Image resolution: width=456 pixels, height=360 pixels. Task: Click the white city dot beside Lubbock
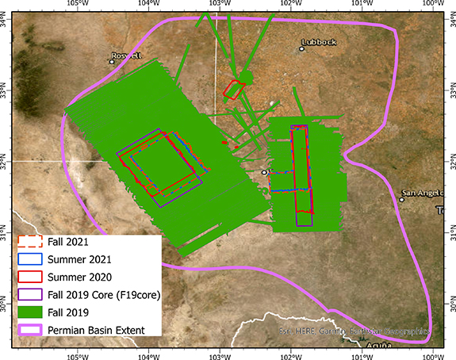coord(301,48)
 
